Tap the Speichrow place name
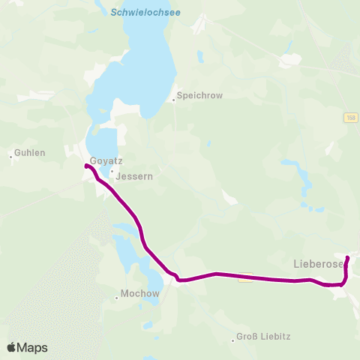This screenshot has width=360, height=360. [x=199, y=96]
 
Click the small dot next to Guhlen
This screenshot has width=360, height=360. [x=10, y=156]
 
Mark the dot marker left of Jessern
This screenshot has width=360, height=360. [x=112, y=171]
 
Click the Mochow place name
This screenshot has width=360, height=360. [x=140, y=294]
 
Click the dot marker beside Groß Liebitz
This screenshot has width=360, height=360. [x=233, y=341]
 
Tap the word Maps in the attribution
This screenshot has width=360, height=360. [x=32, y=347]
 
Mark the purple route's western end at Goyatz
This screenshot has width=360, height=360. [x=88, y=166]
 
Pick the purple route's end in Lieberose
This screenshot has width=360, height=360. [x=347, y=258]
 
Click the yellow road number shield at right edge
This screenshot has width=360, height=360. [x=351, y=118]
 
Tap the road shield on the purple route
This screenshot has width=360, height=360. [x=244, y=280]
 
